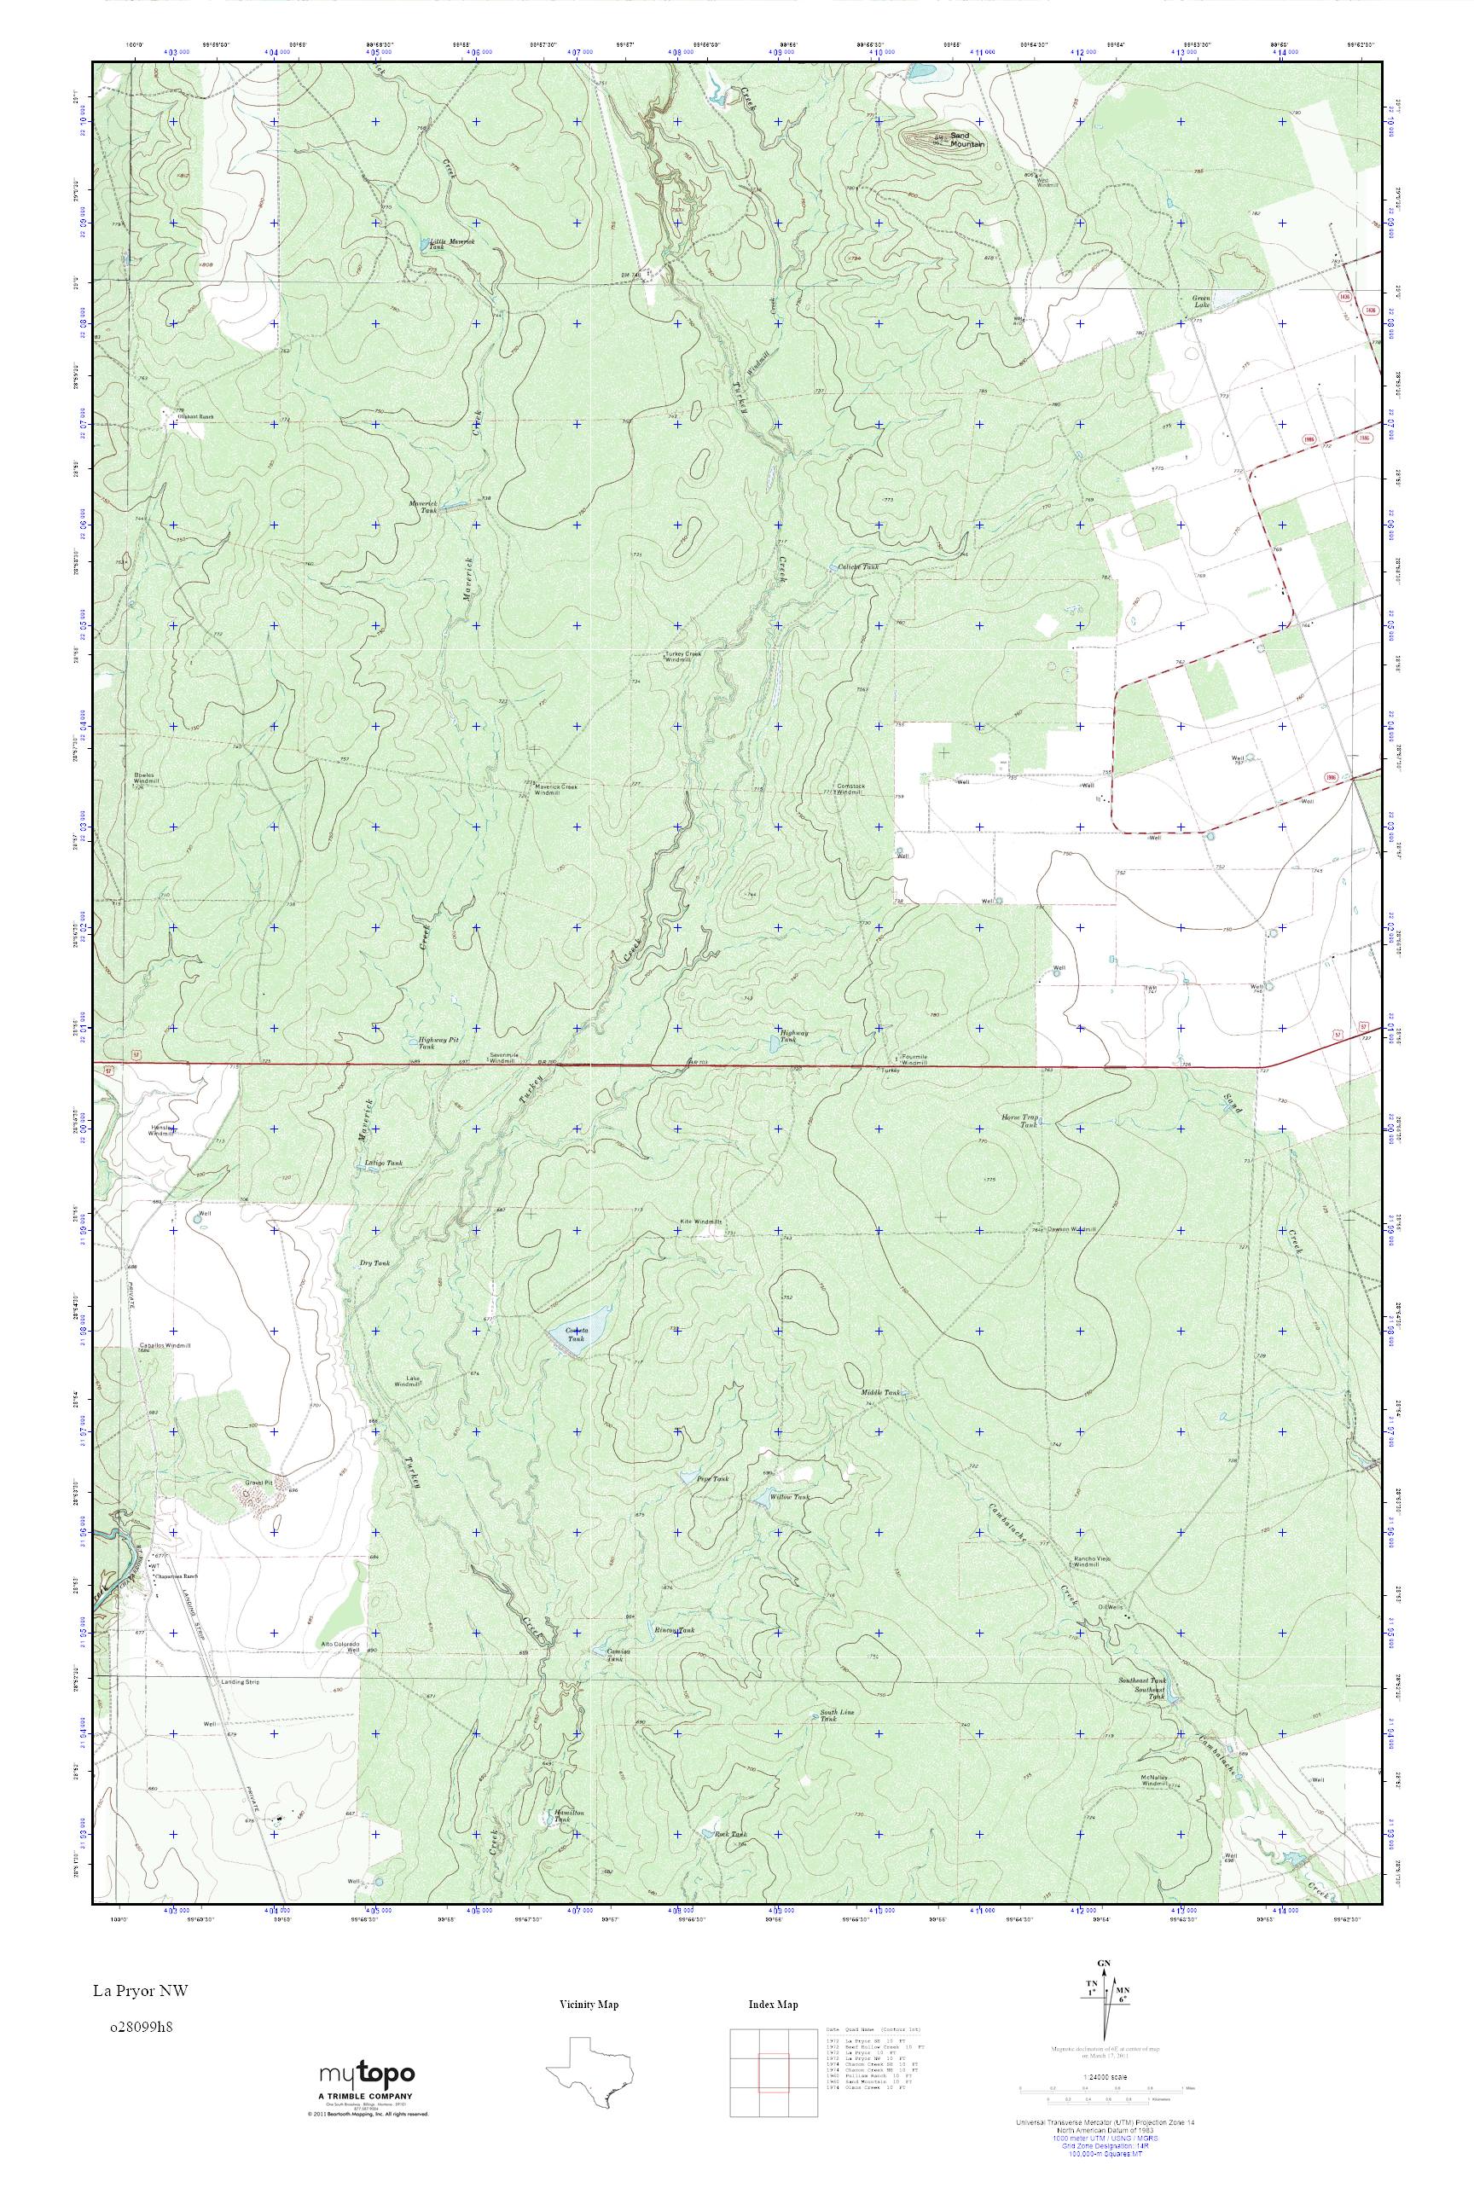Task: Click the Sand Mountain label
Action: [966, 140]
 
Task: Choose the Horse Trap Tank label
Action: [1019, 1121]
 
